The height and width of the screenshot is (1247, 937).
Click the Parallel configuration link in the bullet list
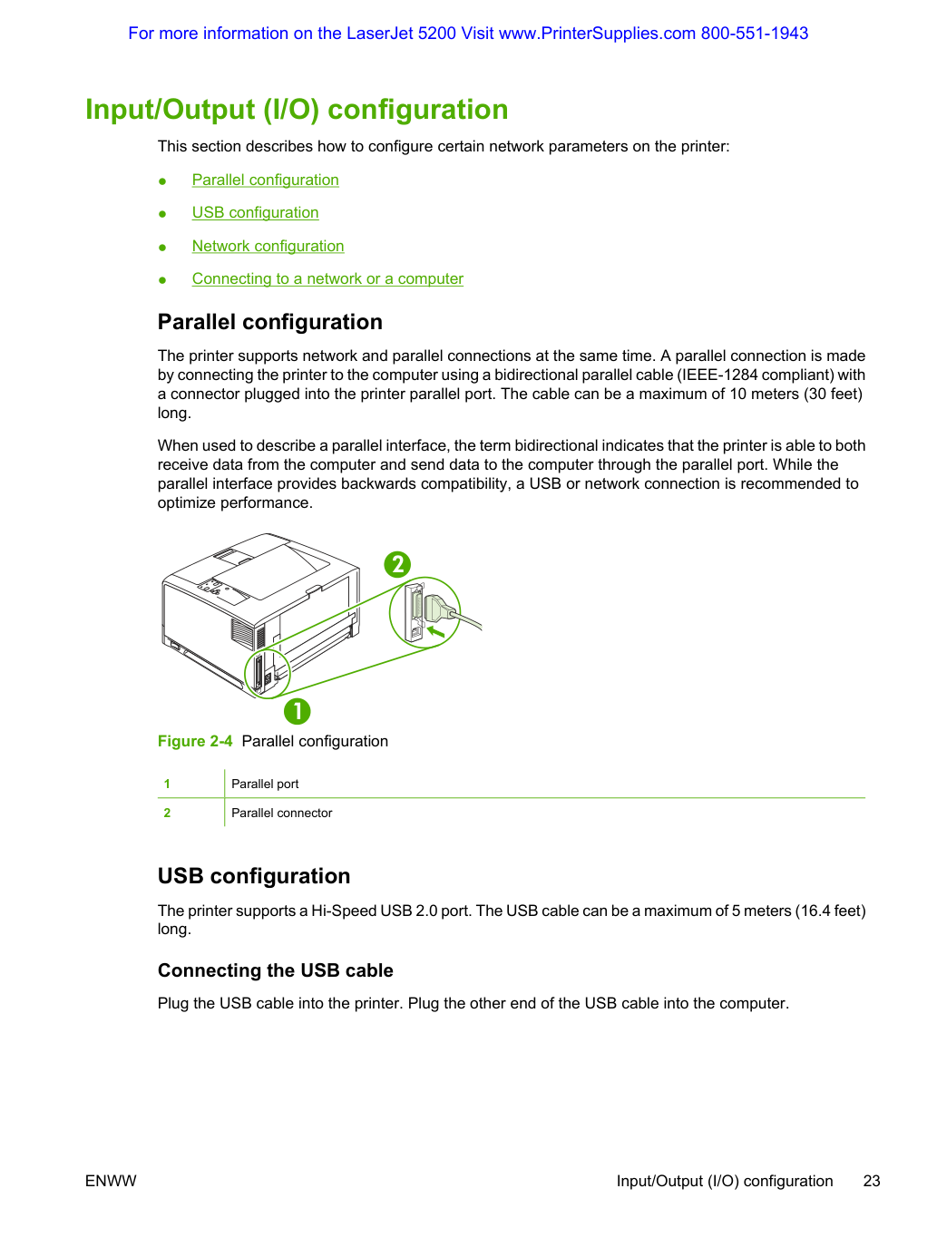click(x=266, y=180)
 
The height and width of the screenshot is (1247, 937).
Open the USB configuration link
click(x=255, y=212)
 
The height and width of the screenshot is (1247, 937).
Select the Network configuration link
click(x=268, y=246)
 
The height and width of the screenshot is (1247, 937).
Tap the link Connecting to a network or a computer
click(x=327, y=279)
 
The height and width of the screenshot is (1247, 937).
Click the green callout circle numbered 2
click(x=397, y=564)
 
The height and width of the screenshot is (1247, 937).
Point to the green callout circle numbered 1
click(x=298, y=711)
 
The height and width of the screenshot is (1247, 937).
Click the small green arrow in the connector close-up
click(x=435, y=631)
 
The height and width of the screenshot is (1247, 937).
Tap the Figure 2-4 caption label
click(x=195, y=741)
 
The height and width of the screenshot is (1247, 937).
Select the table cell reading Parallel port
click(x=265, y=784)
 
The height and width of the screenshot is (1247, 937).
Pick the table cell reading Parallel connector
click(x=282, y=813)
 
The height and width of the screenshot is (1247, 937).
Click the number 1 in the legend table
click(x=167, y=784)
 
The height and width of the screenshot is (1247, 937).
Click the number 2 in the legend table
click(x=167, y=813)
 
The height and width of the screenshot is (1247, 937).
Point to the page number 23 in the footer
click(x=872, y=1181)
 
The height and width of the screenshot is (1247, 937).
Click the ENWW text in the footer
click(x=111, y=1181)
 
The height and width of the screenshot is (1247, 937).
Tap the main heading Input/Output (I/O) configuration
click(x=297, y=110)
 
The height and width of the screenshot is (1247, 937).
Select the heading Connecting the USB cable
click(x=276, y=970)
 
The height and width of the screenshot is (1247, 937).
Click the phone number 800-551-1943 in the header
click(x=755, y=34)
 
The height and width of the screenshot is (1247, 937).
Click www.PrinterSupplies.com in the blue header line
click(x=597, y=34)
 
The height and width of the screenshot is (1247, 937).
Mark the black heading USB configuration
click(x=254, y=876)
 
